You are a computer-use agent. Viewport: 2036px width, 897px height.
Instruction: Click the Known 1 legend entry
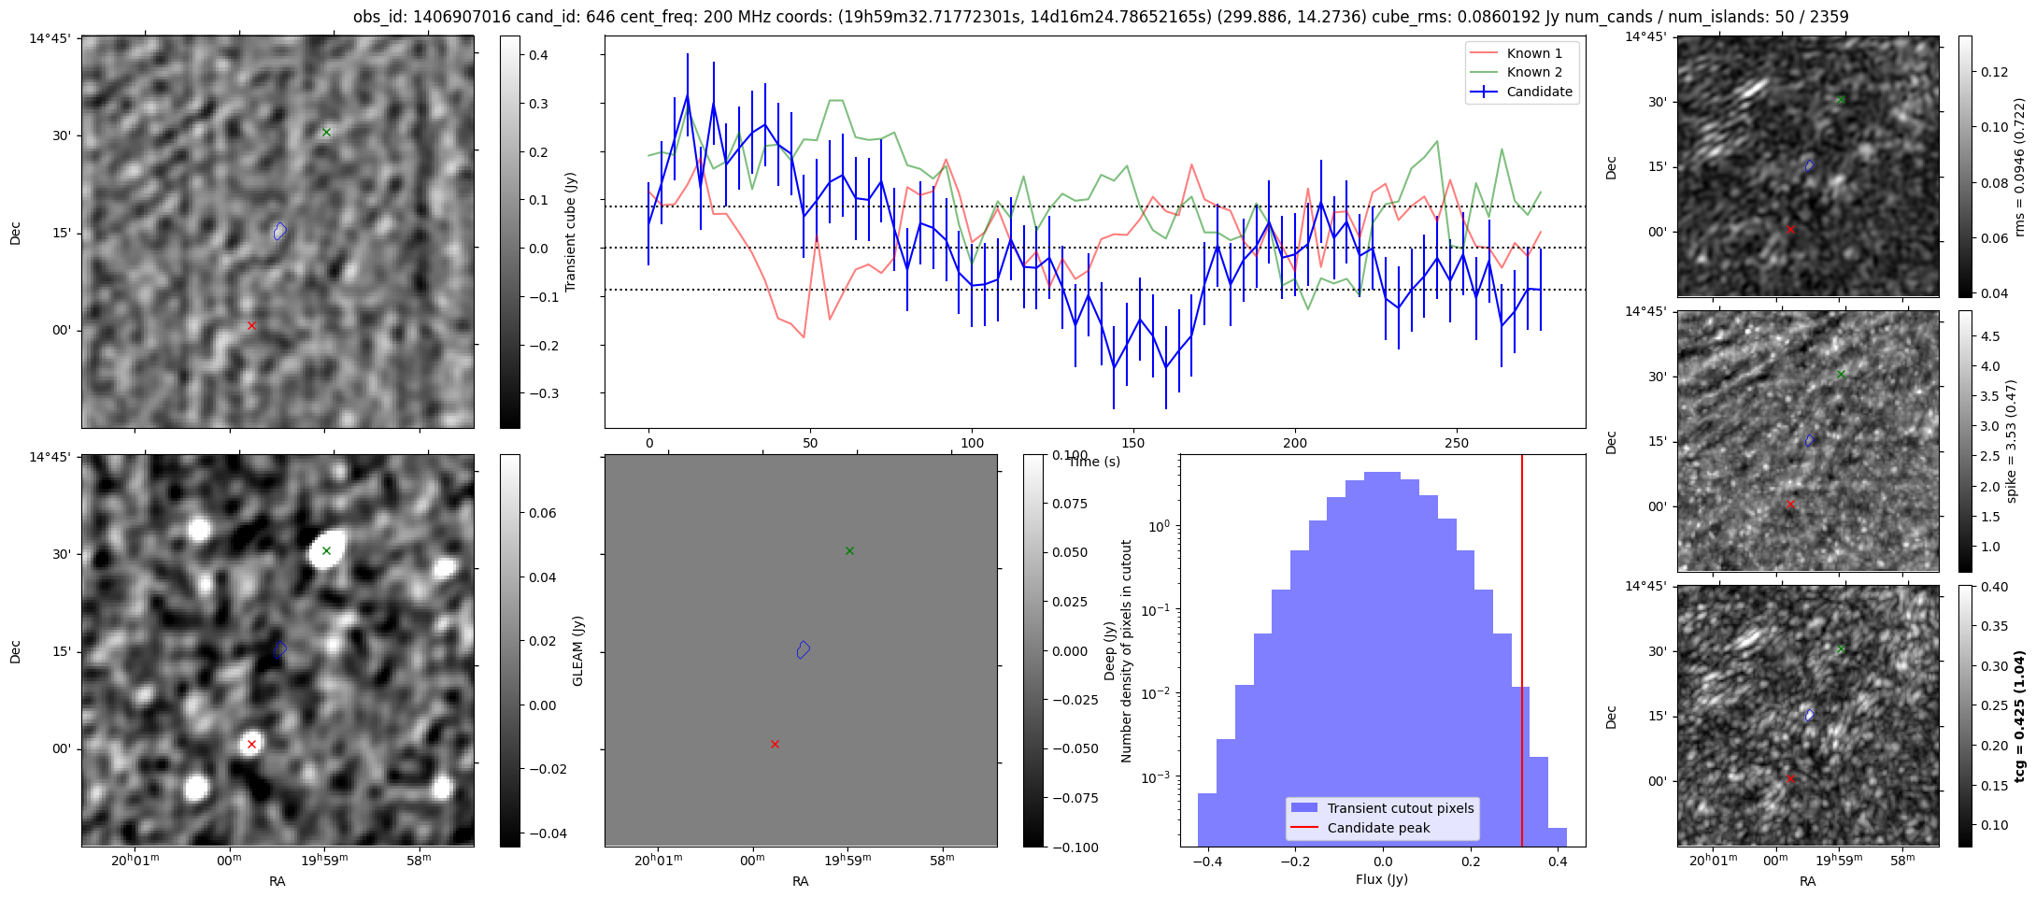coord(1533,53)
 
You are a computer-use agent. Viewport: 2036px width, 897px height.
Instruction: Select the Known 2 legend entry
coord(1533,72)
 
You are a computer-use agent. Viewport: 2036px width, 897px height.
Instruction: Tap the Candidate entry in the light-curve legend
coord(1539,92)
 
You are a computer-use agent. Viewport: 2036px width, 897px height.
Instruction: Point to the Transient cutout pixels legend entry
coord(1400,808)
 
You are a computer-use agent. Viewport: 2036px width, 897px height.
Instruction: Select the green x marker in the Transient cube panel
coord(326,132)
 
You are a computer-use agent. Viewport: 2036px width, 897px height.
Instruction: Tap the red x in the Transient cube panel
coord(251,325)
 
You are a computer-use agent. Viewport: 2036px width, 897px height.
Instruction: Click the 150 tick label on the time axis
coord(1133,443)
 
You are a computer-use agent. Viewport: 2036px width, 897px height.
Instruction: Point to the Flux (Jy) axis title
coord(1382,879)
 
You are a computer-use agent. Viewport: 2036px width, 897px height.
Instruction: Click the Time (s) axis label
coord(1094,462)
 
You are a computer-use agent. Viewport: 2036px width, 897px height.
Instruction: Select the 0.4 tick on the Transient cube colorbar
coord(539,55)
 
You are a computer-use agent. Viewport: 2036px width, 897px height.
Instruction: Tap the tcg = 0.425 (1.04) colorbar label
coord(2020,716)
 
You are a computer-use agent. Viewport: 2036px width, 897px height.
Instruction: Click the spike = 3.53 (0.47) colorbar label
coord(2013,440)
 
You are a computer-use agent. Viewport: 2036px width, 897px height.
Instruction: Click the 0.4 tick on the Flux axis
coord(1558,862)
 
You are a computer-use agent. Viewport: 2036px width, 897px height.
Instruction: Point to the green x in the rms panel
coord(1841,99)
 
